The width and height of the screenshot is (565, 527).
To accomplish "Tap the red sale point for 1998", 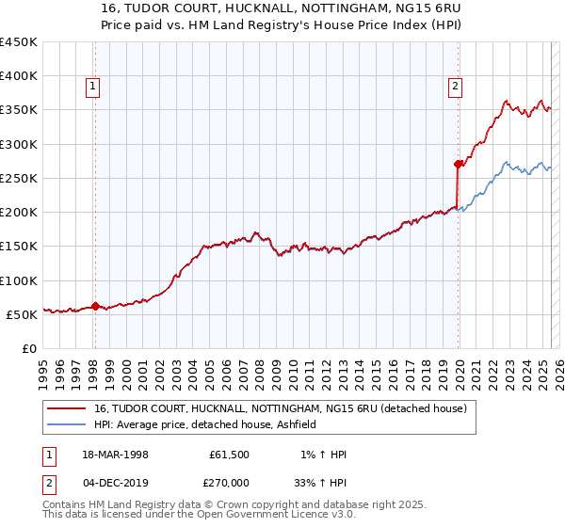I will (x=95, y=306).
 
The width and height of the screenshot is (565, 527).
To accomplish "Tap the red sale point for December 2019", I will (x=458, y=164).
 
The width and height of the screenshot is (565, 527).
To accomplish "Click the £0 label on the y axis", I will (x=28, y=348).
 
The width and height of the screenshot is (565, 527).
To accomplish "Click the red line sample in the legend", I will (x=68, y=408).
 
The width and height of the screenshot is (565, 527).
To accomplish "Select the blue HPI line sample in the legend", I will (x=68, y=424).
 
